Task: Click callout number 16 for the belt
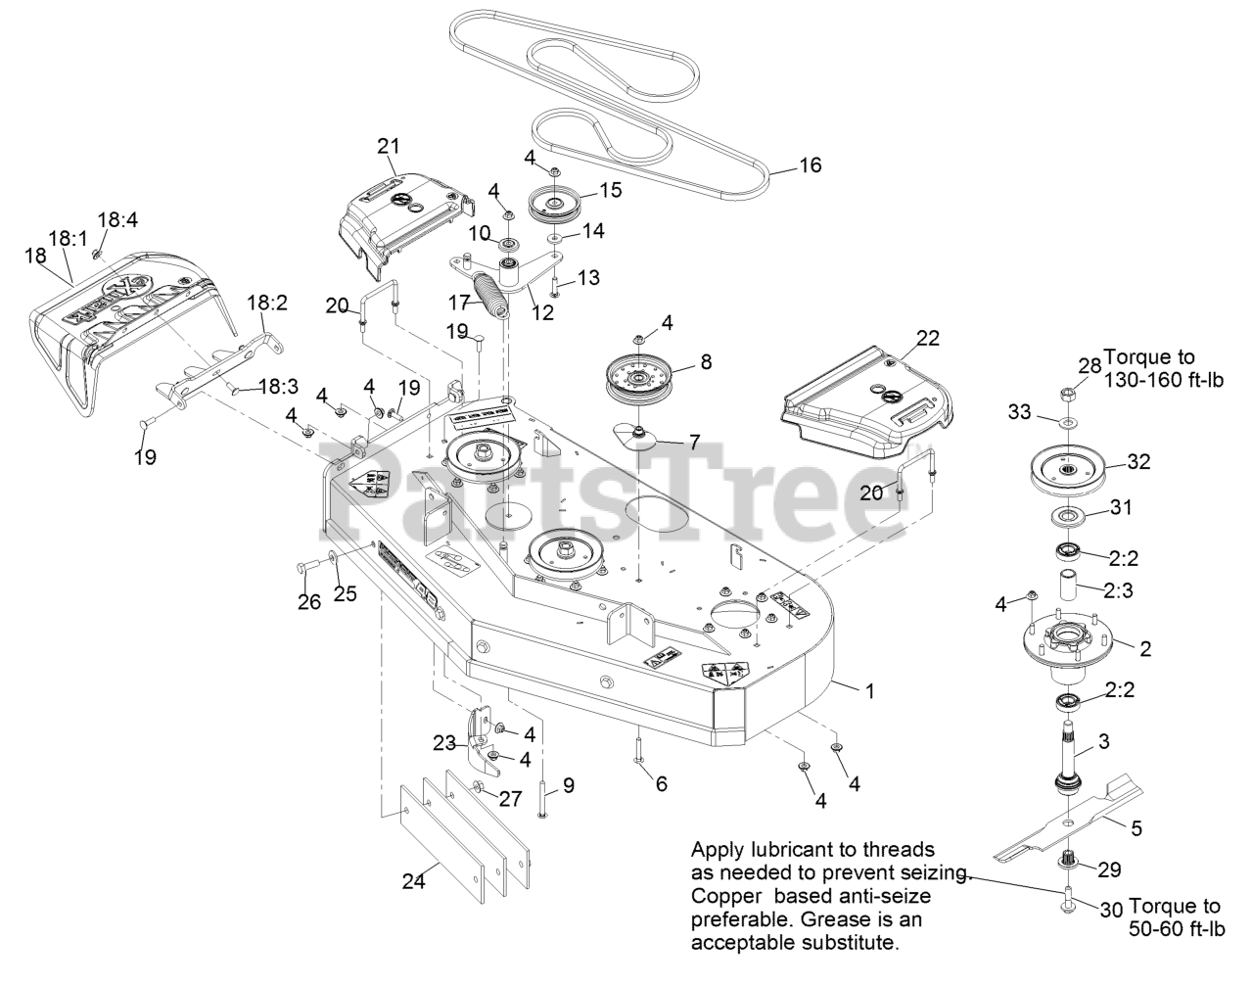(x=811, y=164)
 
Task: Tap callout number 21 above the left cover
(x=389, y=146)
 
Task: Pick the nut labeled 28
(x=1068, y=394)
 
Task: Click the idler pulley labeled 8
(x=641, y=379)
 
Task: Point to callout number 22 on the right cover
(x=927, y=338)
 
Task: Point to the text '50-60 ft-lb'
(x=1176, y=928)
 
